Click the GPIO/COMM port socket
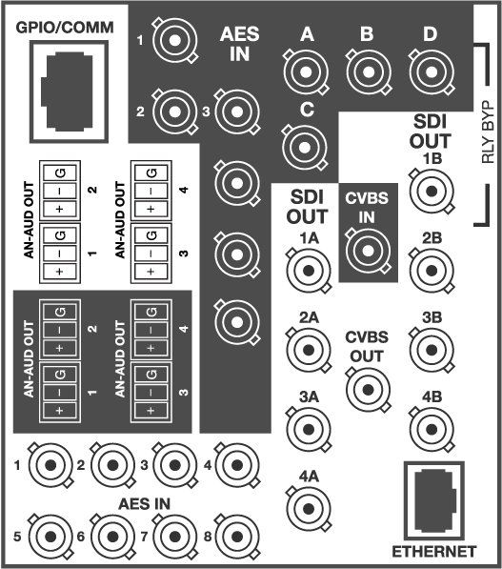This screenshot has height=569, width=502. (x=69, y=91)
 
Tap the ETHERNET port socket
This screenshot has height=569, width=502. (x=434, y=501)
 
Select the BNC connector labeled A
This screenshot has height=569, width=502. (x=306, y=72)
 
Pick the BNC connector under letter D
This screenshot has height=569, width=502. (x=431, y=72)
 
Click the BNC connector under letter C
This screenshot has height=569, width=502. (x=305, y=148)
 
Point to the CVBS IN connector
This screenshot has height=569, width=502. (x=368, y=250)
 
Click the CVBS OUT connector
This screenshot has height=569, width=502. (x=368, y=390)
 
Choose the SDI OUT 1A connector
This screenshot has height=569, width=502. (x=309, y=271)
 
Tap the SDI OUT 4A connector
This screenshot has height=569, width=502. (x=309, y=508)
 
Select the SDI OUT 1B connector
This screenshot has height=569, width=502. (x=432, y=191)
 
